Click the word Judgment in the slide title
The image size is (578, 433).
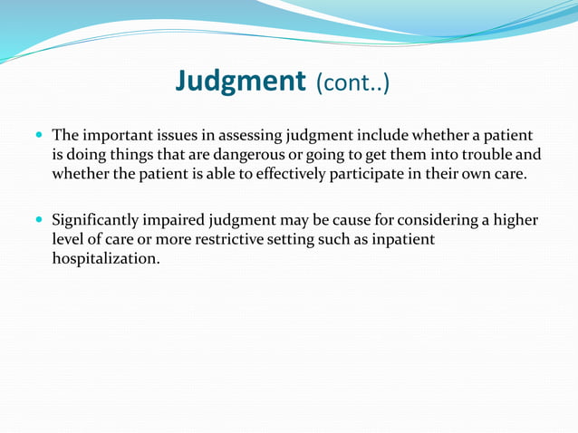(x=240, y=82)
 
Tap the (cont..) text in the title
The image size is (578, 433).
(x=352, y=83)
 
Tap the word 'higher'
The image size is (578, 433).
(x=512, y=220)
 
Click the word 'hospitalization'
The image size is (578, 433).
(x=105, y=258)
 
